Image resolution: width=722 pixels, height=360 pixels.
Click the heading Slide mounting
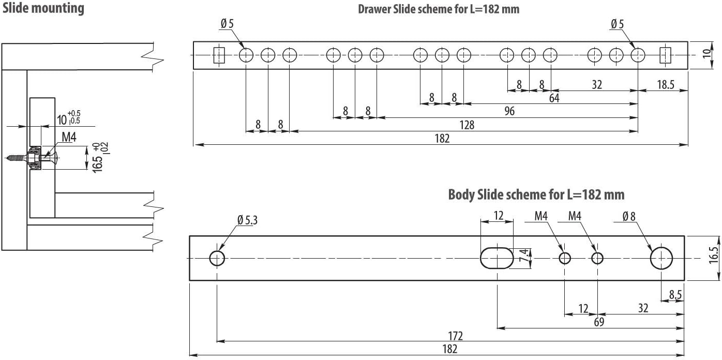(x=43, y=9)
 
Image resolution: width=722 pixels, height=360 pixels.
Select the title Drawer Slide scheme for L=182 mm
(x=439, y=9)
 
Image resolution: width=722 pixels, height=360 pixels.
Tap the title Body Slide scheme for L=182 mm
(x=536, y=194)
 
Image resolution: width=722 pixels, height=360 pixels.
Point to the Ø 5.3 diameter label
(x=248, y=220)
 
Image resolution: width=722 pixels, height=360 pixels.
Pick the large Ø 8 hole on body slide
(x=661, y=258)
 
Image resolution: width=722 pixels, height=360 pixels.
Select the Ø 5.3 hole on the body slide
(x=217, y=258)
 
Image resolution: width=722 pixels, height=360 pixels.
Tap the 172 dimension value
(x=455, y=336)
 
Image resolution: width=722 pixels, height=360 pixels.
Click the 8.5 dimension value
(x=675, y=295)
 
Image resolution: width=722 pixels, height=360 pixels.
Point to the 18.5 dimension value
(x=665, y=85)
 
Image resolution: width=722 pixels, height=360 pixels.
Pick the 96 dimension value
(x=509, y=111)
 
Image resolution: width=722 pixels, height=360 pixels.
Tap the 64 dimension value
(x=554, y=98)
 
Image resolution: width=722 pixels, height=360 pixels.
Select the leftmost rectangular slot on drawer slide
(x=219, y=55)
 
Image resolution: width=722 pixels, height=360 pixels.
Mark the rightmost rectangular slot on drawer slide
(x=665, y=55)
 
